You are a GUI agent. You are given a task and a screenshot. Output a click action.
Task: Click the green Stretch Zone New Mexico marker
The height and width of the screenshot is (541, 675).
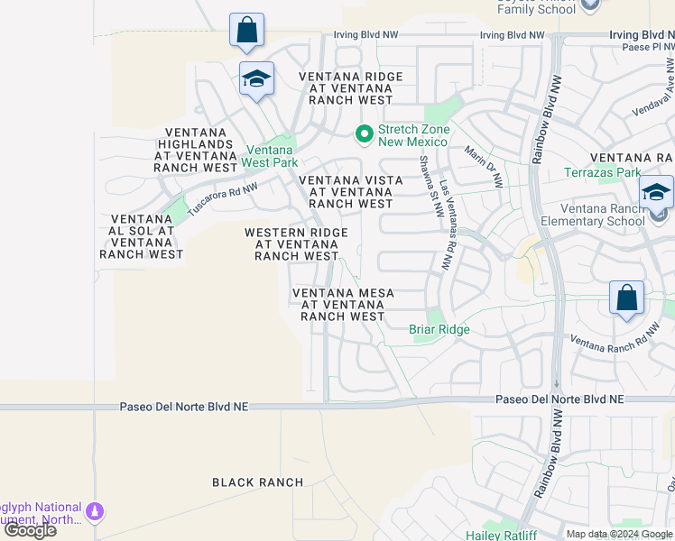(x=365, y=135)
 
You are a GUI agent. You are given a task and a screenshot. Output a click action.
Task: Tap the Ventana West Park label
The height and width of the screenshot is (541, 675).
(x=270, y=156)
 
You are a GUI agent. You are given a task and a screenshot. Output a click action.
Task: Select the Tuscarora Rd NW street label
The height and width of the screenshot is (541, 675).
(x=223, y=200)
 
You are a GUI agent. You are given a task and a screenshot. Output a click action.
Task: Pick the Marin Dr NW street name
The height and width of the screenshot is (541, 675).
(x=484, y=167)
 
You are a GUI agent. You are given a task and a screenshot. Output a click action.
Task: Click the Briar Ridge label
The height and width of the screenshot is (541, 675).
(x=439, y=329)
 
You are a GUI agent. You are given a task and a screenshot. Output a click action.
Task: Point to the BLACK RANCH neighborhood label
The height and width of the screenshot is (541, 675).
(x=258, y=482)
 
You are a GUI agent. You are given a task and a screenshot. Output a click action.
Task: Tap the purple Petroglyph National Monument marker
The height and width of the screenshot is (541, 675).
(x=94, y=513)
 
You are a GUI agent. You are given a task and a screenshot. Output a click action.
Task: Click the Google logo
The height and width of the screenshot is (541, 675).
(x=30, y=530)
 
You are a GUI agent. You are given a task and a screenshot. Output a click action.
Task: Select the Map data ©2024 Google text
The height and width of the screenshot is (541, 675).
(x=618, y=534)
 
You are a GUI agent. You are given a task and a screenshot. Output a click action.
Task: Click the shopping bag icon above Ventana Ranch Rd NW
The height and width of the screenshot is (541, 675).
(x=626, y=298)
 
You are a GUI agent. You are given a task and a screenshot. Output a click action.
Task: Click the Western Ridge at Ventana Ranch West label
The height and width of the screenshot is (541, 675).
(x=296, y=244)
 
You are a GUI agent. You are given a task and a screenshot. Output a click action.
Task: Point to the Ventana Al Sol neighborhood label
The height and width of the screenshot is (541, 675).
(x=142, y=236)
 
